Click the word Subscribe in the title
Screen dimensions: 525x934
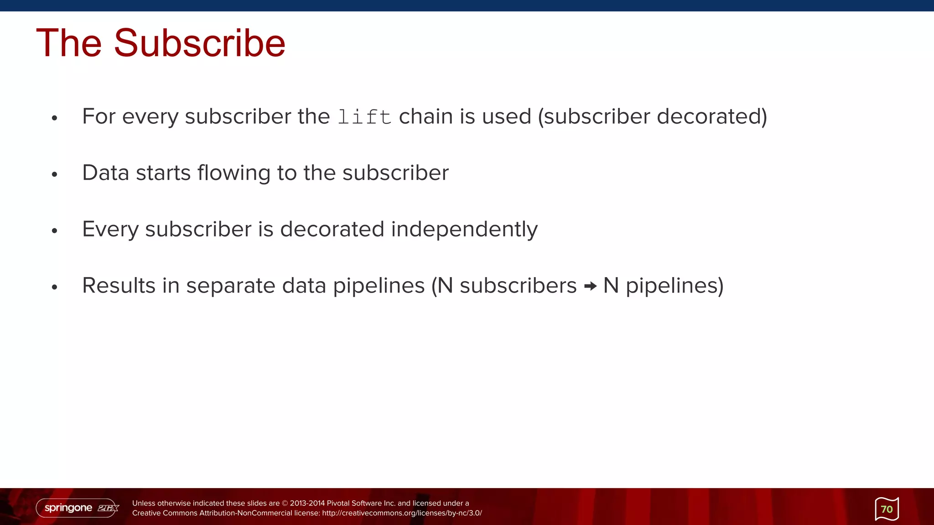click(x=199, y=43)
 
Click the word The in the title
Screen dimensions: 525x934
click(x=69, y=43)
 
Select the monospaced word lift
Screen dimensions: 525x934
click(x=364, y=117)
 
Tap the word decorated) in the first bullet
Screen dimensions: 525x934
click(x=712, y=117)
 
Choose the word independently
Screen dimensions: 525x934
click(x=464, y=229)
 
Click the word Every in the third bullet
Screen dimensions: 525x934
click(x=110, y=229)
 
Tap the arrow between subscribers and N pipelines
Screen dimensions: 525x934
click(x=590, y=286)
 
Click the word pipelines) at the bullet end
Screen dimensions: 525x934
click(x=675, y=286)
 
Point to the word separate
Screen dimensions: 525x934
click(x=231, y=286)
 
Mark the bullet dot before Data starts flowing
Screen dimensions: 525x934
click(x=55, y=175)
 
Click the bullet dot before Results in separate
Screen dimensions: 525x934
click(x=55, y=287)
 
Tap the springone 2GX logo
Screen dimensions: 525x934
click(x=78, y=508)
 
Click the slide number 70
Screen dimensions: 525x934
click(x=887, y=509)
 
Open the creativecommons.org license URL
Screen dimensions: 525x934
click(x=402, y=513)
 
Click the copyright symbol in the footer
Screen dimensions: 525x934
click(x=285, y=503)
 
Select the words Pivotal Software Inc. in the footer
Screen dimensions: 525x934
click(x=361, y=503)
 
